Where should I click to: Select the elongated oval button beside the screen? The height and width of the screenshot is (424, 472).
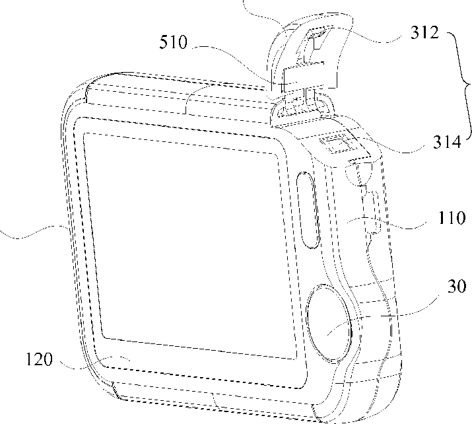(308, 209)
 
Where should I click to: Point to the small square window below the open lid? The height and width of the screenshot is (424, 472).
(335, 144)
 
